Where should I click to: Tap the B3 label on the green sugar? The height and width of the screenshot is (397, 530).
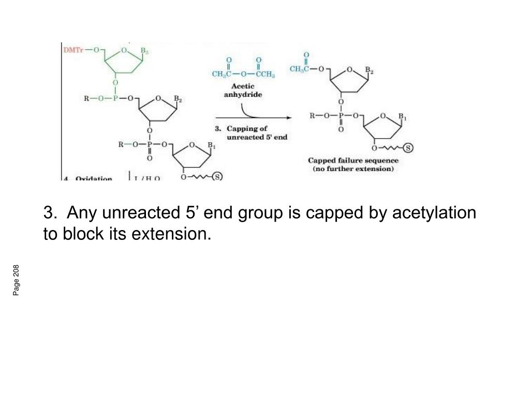(145, 51)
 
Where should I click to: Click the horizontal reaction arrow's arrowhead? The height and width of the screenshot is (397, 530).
(289, 118)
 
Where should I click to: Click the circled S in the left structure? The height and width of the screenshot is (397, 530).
(217, 177)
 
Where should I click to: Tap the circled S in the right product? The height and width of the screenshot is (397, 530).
(408, 149)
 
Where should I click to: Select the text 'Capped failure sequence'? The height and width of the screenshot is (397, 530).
(354, 161)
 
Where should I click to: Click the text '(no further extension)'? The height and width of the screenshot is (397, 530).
(354, 169)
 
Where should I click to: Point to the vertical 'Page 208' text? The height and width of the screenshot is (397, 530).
(17, 280)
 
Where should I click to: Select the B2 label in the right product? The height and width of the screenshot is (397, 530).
(369, 70)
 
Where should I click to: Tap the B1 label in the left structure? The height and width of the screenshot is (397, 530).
(211, 145)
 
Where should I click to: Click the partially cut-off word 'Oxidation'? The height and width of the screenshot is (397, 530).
(94, 179)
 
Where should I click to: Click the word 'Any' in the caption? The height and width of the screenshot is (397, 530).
(79, 212)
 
